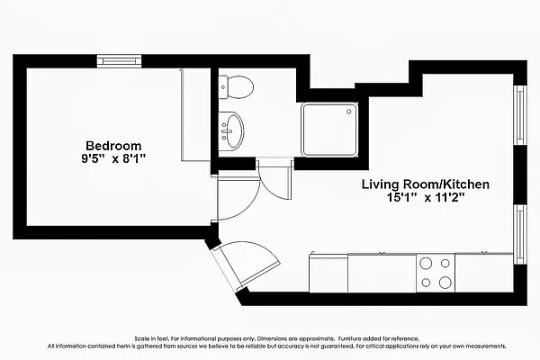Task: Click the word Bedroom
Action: (x=113, y=145)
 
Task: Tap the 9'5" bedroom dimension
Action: (x=92, y=158)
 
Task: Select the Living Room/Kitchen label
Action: (x=425, y=184)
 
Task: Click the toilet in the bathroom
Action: (x=238, y=87)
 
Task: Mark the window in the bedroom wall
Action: (x=120, y=61)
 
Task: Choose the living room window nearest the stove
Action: (x=519, y=231)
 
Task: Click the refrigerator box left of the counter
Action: (x=328, y=272)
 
